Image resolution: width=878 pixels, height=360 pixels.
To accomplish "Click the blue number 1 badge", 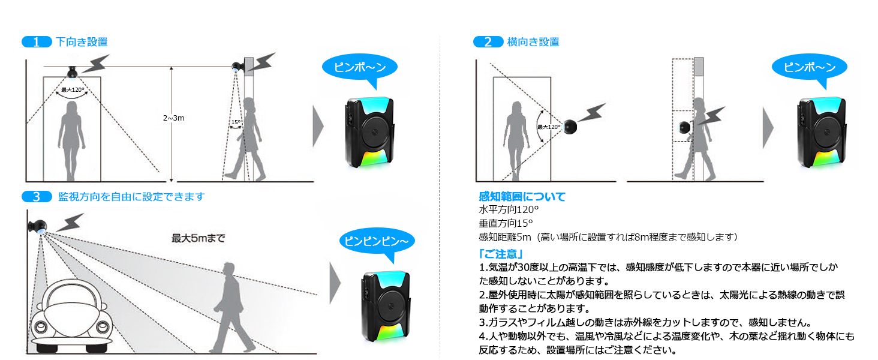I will coord(37,42).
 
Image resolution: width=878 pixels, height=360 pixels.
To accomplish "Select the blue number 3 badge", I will coord(37,197).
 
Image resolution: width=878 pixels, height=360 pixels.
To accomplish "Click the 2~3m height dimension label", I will coord(173,118).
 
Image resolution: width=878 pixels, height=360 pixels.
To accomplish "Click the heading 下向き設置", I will coord(82,42).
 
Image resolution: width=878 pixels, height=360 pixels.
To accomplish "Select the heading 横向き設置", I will coord(533,42).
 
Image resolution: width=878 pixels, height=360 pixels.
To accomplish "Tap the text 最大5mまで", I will coord(199,238).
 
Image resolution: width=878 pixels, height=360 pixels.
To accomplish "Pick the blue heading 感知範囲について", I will coord(522,197).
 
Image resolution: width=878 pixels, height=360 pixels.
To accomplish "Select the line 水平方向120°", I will coord(509,211).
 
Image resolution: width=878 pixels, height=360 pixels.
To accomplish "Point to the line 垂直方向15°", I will coord(506,224).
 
